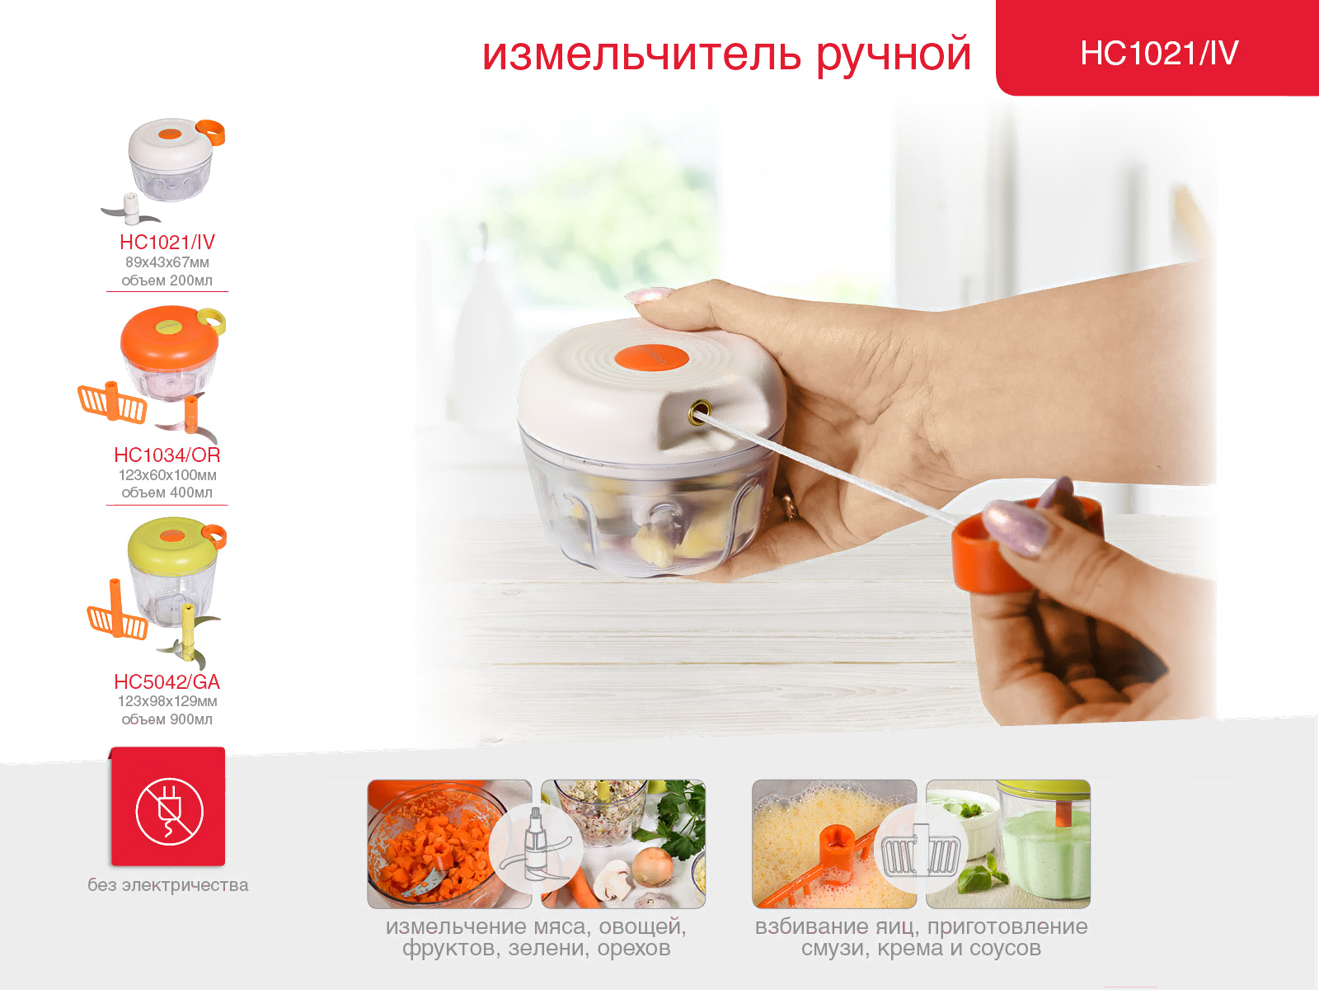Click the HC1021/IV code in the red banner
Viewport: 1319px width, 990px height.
[x=1159, y=53]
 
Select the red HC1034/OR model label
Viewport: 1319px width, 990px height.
[x=167, y=455]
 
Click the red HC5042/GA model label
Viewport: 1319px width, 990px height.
[x=167, y=681]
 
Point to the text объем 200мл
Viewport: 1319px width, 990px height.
[x=167, y=280]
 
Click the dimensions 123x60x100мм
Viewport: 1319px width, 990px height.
[x=167, y=475]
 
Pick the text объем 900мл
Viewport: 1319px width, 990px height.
[x=167, y=719]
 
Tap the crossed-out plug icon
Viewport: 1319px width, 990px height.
[x=170, y=812]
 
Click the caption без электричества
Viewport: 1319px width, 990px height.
[x=167, y=884]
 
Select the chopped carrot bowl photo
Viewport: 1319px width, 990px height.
[x=449, y=844]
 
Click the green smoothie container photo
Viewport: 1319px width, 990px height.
[x=1008, y=844]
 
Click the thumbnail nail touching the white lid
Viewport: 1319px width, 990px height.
[x=649, y=295]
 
